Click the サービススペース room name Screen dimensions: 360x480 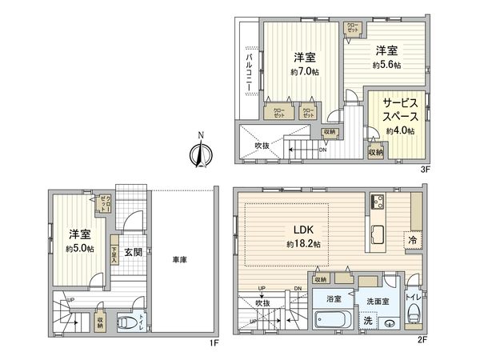coord(397,110)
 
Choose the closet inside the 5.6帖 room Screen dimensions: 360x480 coord(352,29)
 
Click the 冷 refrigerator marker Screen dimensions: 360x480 coord(413,238)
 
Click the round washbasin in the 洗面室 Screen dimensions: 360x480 coord(389,323)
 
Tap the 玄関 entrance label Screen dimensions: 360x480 coord(133,251)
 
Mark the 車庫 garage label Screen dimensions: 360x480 coord(179,259)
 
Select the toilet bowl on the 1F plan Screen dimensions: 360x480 coord(126,323)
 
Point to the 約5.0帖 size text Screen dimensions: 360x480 coord(80,249)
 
